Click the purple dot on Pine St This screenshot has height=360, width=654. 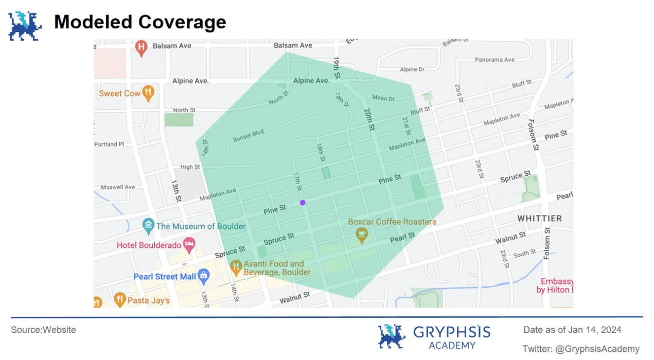pos(303,203)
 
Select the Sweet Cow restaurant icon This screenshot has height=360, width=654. pos(148,93)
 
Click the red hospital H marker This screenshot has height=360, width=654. pos(141,48)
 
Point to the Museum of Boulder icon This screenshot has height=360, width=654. pos(148,225)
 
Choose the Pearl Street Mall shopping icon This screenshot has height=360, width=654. pos(204,276)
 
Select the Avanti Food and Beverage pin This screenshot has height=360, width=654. pos(236,266)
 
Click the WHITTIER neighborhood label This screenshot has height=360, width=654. pos(539,219)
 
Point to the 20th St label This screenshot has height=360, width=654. pos(368,119)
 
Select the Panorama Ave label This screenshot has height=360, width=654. pos(494,60)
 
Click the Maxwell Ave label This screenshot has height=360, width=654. pos(118,187)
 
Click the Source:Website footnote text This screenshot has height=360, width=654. pos(43,330)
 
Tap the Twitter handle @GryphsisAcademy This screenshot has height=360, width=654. pos(597,349)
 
